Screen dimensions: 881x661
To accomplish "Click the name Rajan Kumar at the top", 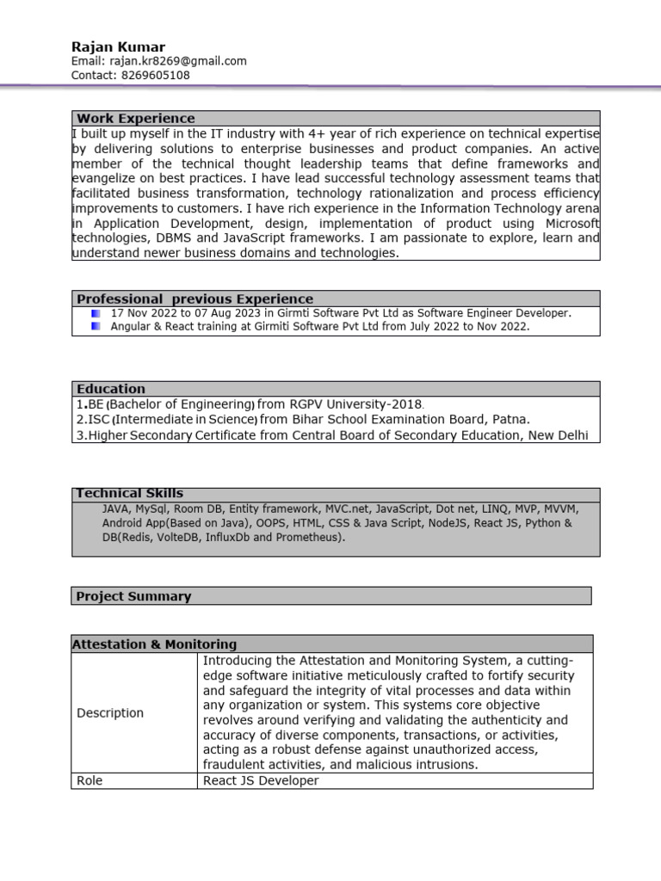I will pyautogui.click(x=118, y=46).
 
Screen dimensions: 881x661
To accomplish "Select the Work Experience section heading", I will pyautogui.click(x=136, y=119).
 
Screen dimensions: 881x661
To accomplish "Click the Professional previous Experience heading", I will pyautogui.click(x=195, y=299).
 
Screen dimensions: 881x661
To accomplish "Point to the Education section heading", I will pyautogui.click(x=111, y=389).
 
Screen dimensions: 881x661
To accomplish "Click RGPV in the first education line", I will pyautogui.click(x=306, y=404).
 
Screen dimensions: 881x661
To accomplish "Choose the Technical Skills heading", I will pyautogui.click(x=130, y=494).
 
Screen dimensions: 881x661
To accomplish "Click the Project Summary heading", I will pyautogui.click(x=133, y=596).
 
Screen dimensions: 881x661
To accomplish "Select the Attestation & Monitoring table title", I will pyautogui.click(x=154, y=644).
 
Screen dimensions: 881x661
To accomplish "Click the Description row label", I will pyautogui.click(x=110, y=713).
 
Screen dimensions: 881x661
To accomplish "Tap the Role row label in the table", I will pyautogui.click(x=90, y=781).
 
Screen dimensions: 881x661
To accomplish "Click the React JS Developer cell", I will pyautogui.click(x=260, y=781).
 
